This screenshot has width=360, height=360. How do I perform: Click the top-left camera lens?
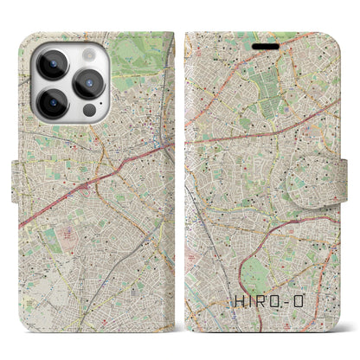[x=53, y=63]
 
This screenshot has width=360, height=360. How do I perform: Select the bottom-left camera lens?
[x=53, y=103]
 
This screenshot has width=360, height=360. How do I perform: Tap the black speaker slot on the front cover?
[x=260, y=40]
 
